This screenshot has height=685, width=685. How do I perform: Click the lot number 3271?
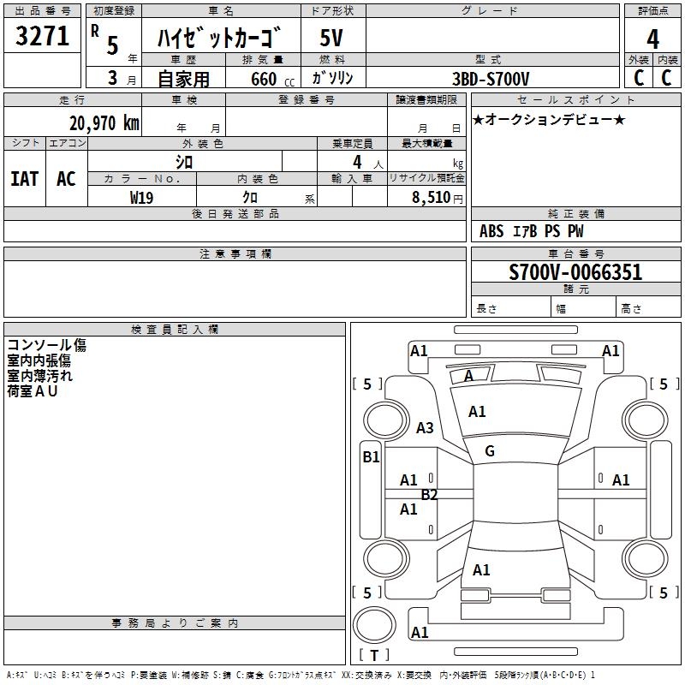42,37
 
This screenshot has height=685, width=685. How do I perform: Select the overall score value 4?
653,39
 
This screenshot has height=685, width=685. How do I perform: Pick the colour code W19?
142,197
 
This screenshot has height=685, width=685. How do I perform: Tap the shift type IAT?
24,178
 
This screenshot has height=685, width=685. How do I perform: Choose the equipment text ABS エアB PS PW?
531,231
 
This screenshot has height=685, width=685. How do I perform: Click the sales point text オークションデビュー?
549,119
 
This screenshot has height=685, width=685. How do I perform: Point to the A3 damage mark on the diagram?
425,427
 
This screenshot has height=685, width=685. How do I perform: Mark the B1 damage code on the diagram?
370,457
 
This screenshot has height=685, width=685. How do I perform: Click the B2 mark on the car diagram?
429,494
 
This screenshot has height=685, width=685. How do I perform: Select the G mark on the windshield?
490,451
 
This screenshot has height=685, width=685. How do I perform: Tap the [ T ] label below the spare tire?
374,656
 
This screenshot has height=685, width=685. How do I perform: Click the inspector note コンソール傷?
46,345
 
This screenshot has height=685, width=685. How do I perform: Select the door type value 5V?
331,39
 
